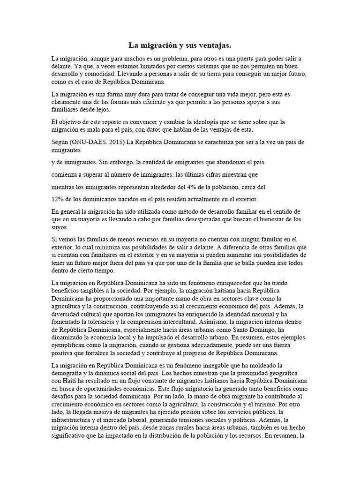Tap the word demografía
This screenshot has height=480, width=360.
69,372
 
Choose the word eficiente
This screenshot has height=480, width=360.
182,102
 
